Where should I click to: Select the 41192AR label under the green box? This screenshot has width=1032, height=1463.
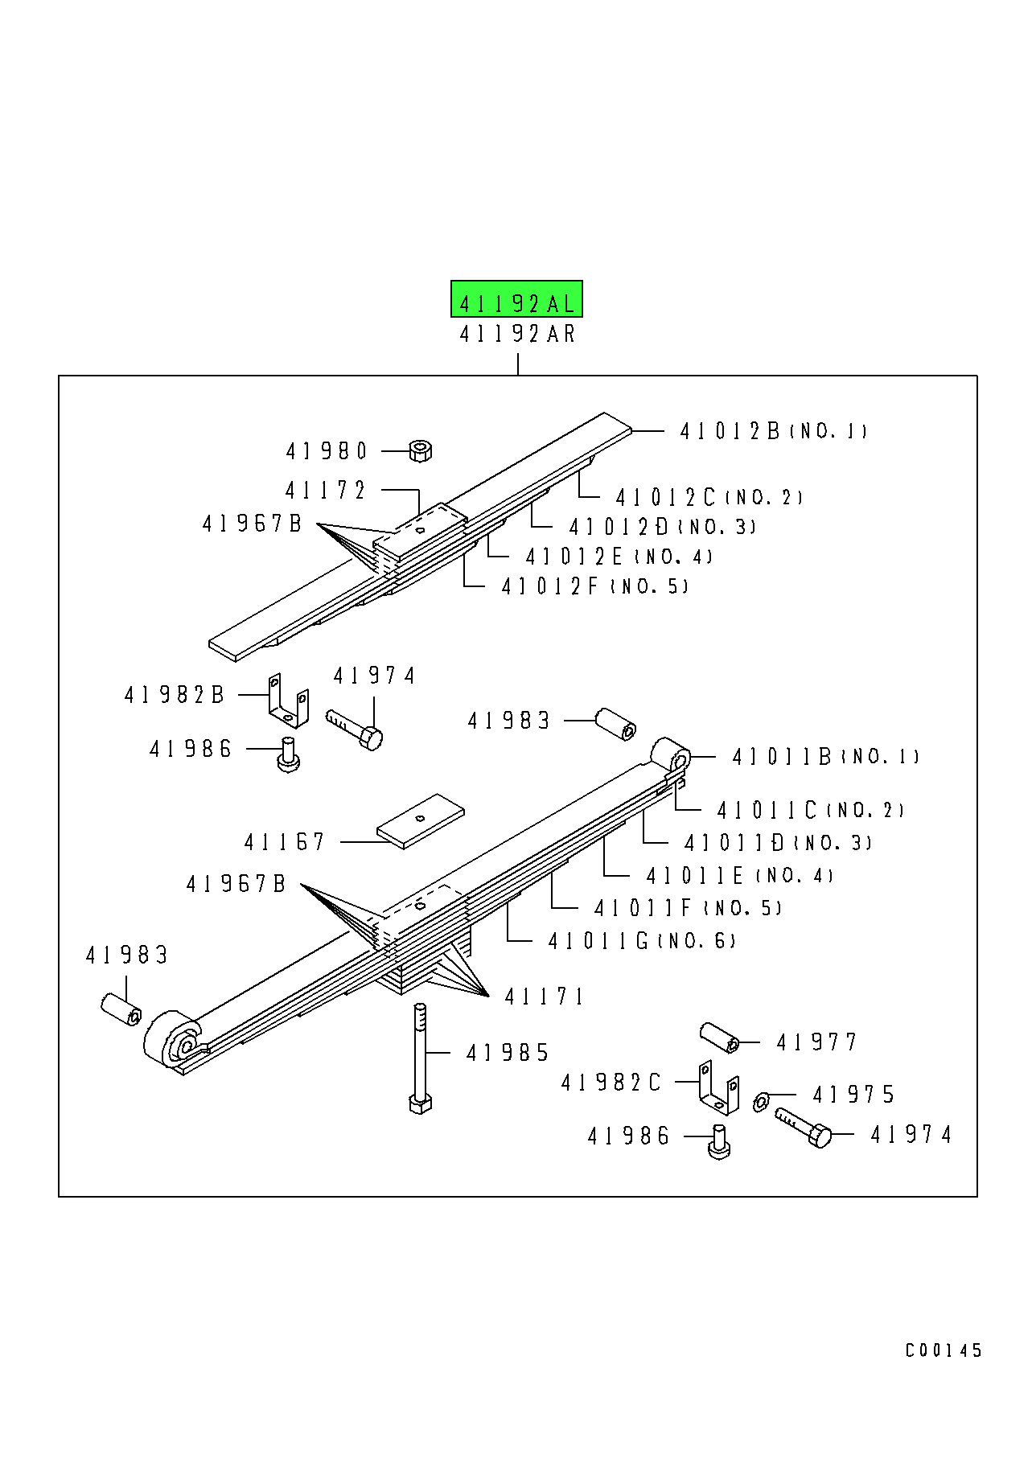pyautogui.click(x=517, y=333)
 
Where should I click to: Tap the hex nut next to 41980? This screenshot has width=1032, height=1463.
pyautogui.click(x=420, y=450)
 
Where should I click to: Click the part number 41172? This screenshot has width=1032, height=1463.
pyautogui.click(x=325, y=490)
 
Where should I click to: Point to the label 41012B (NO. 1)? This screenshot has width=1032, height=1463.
pyautogui.click(x=773, y=431)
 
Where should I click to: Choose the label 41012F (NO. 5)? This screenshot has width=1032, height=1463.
pyautogui.click(x=594, y=586)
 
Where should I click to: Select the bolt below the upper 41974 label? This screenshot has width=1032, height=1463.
pyautogui.click(x=355, y=729)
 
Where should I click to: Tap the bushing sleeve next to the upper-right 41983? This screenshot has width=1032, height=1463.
pyautogui.click(x=615, y=723)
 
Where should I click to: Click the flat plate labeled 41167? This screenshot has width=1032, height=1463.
pyautogui.click(x=421, y=820)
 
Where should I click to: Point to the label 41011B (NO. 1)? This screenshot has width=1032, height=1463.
pyautogui.click(x=825, y=757)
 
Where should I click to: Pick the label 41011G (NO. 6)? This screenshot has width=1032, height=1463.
pyautogui.click(x=641, y=941)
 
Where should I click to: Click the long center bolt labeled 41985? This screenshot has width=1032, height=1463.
pyautogui.click(x=420, y=1058)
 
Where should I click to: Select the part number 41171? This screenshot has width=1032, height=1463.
pyautogui.click(x=544, y=997)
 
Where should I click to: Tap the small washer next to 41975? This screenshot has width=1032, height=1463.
pyautogui.click(x=761, y=1101)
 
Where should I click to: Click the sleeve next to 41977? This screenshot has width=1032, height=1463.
pyautogui.click(x=720, y=1037)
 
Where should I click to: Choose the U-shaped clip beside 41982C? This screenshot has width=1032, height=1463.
pyautogui.click(x=718, y=1088)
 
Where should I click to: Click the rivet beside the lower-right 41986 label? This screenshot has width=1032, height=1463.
pyautogui.click(x=718, y=1141)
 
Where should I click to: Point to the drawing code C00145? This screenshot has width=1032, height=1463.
pyautogui.click(x=943, y=1350)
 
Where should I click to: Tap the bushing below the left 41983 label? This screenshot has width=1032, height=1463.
pyautogui.click(x=121, y=1009)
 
